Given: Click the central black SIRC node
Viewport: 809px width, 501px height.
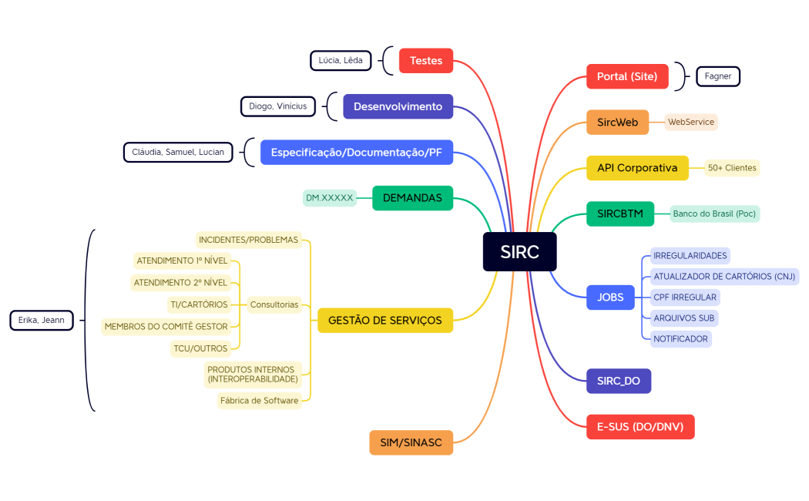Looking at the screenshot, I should click(519, 251).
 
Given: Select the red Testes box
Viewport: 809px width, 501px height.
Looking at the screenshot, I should click(426, 60).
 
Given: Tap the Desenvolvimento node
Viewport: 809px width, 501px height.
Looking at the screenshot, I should click(398, 106).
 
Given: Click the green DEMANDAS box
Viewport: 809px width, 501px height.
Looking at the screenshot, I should click(412, 198).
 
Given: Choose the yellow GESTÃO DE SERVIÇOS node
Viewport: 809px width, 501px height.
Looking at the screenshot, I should click(385, 320).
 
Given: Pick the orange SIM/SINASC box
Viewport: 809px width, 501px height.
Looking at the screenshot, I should click(411, 442).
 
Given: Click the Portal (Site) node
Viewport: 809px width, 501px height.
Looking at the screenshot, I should click(627, 76).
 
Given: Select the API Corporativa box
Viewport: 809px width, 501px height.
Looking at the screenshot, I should click(637, 167).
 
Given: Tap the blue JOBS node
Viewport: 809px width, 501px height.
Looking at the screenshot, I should click(610, 297).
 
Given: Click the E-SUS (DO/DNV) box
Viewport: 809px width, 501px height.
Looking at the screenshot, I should click(640, 426).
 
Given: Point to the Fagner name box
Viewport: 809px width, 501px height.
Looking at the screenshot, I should click(717, 76).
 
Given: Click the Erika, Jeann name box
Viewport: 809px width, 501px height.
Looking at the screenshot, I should click(42, 320).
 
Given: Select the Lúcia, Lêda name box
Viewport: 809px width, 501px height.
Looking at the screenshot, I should click(341, 60).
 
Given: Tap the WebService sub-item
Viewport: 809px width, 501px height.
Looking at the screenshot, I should click(691, 122).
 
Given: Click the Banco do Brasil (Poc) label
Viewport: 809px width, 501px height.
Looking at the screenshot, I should click(714, 214).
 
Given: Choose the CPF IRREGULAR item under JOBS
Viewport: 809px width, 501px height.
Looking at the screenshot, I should click(685, 297).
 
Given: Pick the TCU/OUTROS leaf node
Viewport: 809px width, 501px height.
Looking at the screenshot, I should click(200, 348).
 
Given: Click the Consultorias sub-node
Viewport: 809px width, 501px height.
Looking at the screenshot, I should click(274, 304).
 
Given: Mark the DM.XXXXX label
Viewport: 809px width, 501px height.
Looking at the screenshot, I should click(330, 198).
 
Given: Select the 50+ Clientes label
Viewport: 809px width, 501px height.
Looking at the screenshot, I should click(732, 167).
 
